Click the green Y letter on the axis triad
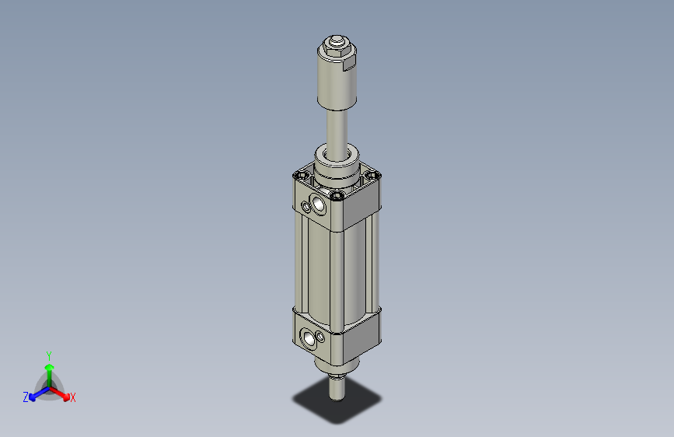pyautogui.click(x=49, y=355)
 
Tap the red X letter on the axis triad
pyautogui.click(x=73, y=397)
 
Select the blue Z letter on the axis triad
pyautogui.click(x=25, y=397)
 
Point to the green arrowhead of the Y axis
pyautogui.click(x=49, y=366)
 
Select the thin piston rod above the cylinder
pyautogui.click(x=339, y=128)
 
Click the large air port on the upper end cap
pyautogui.click(x=318, y=205)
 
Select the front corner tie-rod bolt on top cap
pyautogui.click(x=336, y=195)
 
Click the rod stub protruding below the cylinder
pyautogui.click(x=337, y=385)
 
